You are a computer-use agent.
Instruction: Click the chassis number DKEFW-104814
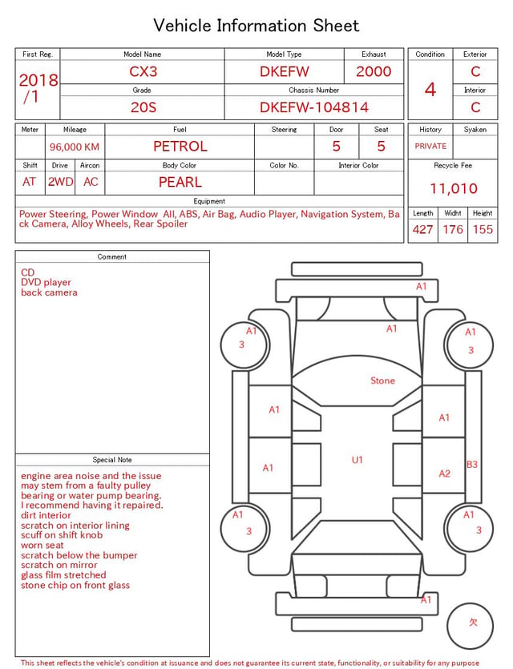point(314,107)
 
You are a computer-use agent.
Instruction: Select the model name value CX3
point(143,71)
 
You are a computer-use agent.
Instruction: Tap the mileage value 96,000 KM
point(75,147)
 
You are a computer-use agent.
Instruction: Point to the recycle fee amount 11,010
point(453,188)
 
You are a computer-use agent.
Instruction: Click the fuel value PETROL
point(180,147)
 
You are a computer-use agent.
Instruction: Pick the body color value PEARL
point(180,182)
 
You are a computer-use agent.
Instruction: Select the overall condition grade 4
point(430,90)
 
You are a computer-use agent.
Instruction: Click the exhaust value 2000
point(374,71)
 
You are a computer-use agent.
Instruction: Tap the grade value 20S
point(143,107)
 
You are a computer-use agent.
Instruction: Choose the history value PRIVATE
point(430,146)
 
